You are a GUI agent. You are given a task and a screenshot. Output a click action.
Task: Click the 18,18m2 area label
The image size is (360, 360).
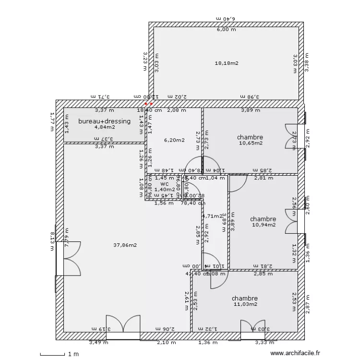[x=227, y=63]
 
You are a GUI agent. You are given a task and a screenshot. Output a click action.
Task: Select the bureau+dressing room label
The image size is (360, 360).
[x=104, y=121]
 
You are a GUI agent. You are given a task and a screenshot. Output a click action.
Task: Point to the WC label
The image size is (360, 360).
[x=165, y=184]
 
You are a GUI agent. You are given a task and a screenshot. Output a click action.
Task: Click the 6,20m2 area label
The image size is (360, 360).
[x=174, y=140]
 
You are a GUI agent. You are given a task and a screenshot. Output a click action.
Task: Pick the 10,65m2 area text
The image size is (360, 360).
[x=251, y=143]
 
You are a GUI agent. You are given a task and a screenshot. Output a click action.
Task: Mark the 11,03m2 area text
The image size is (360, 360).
[x=245, y=304]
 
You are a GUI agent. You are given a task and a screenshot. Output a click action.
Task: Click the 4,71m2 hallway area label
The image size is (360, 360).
[x=214, y=216]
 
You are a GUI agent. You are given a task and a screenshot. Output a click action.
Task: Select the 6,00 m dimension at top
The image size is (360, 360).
[x=227, y=29]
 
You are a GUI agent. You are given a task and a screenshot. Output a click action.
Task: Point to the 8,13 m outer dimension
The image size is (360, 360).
[x=53, y=239]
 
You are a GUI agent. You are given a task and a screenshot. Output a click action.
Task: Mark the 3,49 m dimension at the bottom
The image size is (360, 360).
[x=98, y=342]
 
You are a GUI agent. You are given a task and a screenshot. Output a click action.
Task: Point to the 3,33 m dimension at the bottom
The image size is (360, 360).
[x=264, y=342]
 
